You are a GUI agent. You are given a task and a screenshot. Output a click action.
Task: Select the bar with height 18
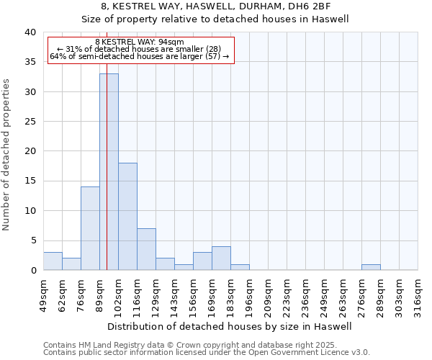127,216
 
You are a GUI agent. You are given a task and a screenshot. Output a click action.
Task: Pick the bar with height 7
146,249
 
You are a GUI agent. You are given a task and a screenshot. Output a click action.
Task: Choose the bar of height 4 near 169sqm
221,258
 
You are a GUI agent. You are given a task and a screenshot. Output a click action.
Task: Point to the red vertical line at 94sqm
107,144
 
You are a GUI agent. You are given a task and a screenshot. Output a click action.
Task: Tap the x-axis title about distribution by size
229,326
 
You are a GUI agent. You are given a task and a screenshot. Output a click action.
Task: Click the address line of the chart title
215,6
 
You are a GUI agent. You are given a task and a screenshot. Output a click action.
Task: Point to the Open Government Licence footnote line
206,353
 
